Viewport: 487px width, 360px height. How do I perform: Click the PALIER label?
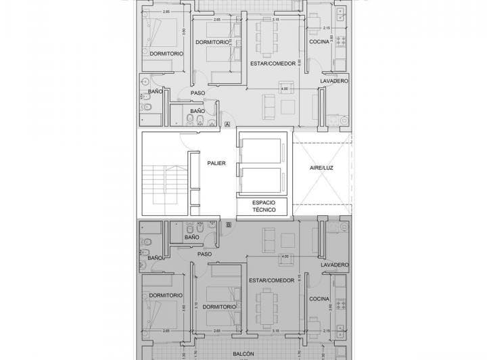pyautogui.click(x=216, y=163)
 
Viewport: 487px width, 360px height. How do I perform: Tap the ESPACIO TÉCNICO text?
pyautogui.click(x=264, y=206)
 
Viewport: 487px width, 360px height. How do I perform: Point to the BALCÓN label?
pyautogui.click(x=243, y=353)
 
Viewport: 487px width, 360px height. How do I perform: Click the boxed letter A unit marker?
pyautogui.click(x=227, y=125)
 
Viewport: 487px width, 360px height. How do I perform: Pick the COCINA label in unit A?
pyautogui.click(x=319, y=42)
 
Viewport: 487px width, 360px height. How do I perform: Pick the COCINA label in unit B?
pyautogui.click(x=319, y=298)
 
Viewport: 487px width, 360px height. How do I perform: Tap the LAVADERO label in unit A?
pyautogui.click(x=334, y=81)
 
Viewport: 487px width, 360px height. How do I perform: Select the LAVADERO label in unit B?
pyautogui.click(x=334, y=264)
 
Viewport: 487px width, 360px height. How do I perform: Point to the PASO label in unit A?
pyautogui.click(x=198, y=93)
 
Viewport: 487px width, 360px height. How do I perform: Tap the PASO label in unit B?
pyautogui.click(x=204, y=254)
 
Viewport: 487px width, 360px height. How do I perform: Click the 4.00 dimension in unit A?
pyautogui.click(x=284, y=89)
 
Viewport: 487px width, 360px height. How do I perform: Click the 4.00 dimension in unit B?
pyautogui.click(x=284, y=256)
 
